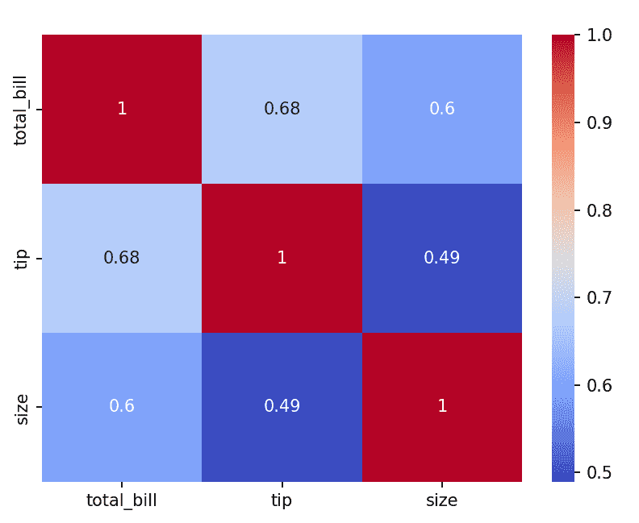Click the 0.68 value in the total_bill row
[x=282, y=109]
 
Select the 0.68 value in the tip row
[x=122, y=258]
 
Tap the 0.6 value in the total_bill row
[x=442, y=109]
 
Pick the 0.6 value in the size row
[x=122, y=406]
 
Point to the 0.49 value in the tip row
[x=442, y=258]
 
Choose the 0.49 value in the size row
[x=282, y=406]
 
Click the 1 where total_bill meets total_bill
[x=122, y=109]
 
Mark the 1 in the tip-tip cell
[x=282, y=258]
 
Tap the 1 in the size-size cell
[x=442, y=406]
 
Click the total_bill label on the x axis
[x=122, y=500]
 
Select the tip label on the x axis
[x=282, y=500]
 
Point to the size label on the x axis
[x=442, y=500]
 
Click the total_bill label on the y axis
[x=21, y=109]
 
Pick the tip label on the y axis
[x=21, y=258]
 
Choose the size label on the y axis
[x=21, y=406]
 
